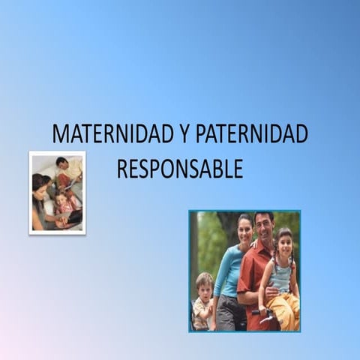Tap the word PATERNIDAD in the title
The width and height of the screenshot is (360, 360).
(x=251, y=134)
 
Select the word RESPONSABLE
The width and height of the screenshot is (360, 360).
(x=180, y=169)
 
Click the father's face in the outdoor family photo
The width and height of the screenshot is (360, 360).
(x=263, y=226)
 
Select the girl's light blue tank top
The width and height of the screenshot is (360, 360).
(x=282, y=276)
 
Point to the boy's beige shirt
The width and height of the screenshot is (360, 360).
(x=201, y=311)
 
